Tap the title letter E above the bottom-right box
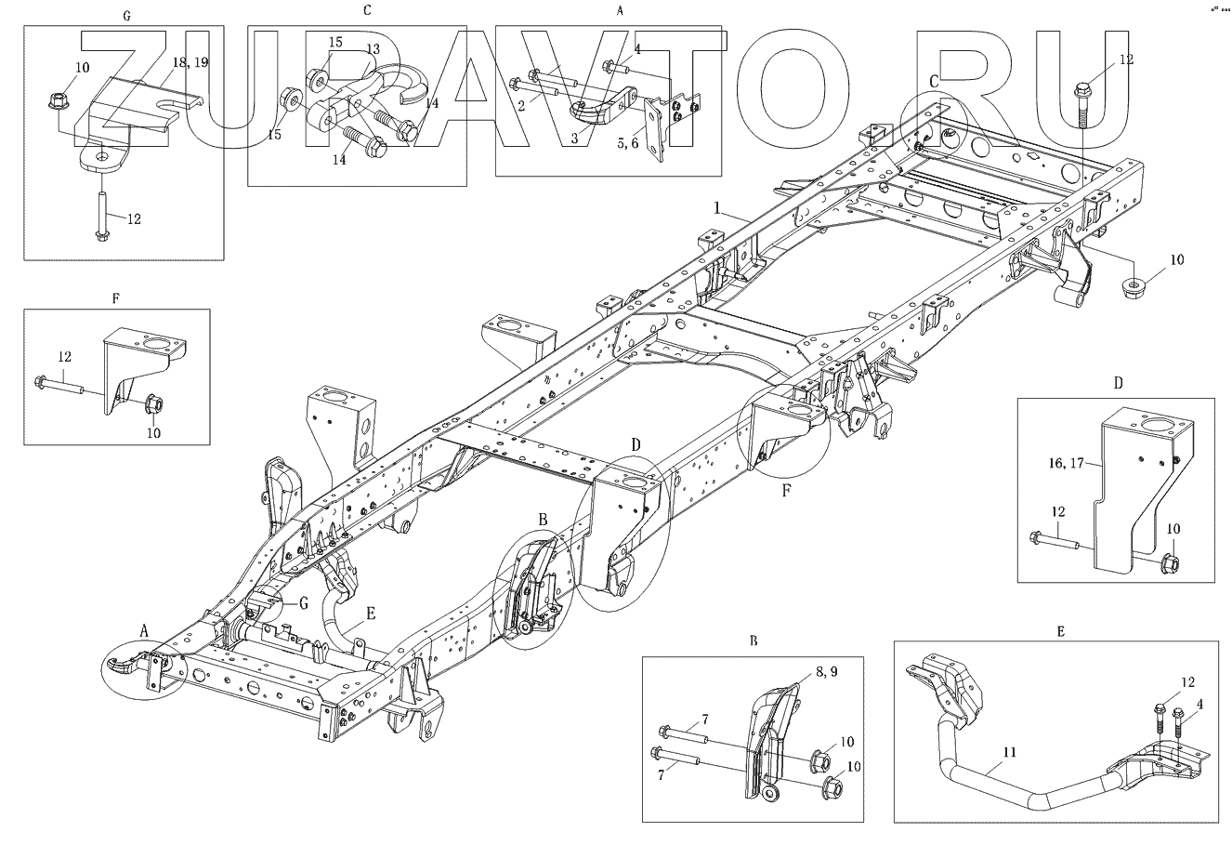tap(1060, 630)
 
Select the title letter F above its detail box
tap(115, 299)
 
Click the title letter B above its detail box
tap(753, 640)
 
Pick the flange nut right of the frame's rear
tap(1132, 286)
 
